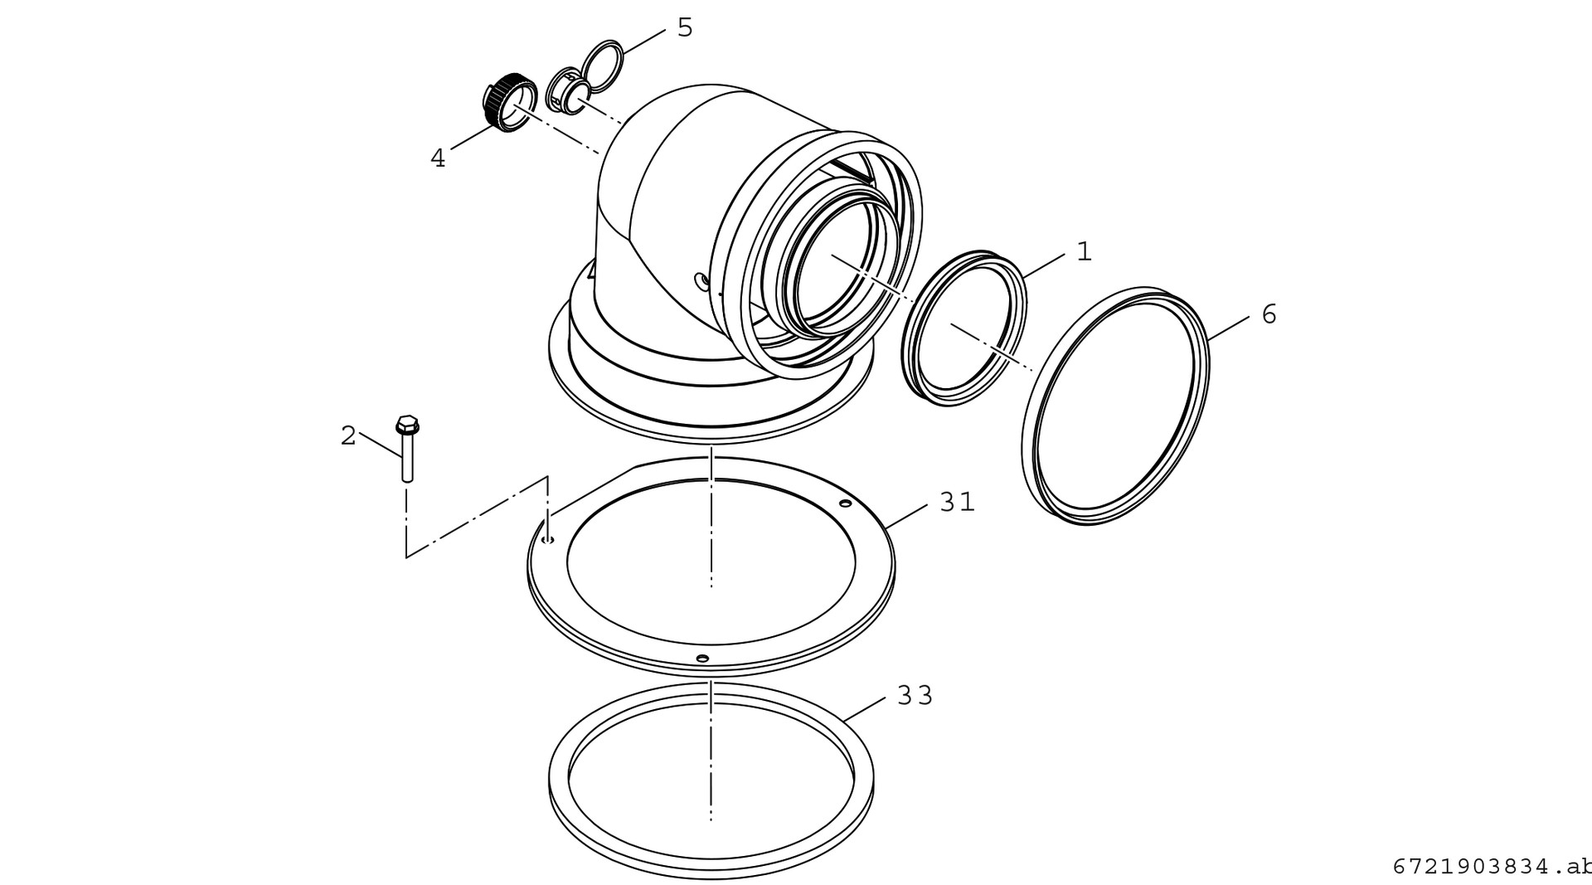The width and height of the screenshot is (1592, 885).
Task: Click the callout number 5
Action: [685, 27]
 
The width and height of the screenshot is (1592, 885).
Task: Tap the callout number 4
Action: [438, 158]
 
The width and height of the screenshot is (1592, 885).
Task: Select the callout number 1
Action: [1085, 251]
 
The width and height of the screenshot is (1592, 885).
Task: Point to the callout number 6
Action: [1269, 314]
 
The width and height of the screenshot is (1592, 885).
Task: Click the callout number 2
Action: [348, 435]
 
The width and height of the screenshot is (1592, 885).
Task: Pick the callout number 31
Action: [958, 502]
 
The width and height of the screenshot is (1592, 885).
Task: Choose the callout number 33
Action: [915, 695]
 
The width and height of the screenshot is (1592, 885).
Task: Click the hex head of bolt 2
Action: [407, 426]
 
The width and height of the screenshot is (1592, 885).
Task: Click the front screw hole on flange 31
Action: [702, 658]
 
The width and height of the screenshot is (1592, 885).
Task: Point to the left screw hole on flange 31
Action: [546, 540]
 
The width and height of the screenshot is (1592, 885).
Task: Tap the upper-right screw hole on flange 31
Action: [845, 503]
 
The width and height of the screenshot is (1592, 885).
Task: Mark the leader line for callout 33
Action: [866, 708]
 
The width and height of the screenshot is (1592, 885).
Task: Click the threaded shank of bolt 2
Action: [407, 460]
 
